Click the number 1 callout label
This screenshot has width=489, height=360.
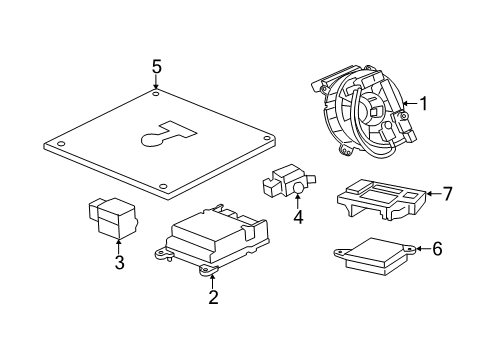(x=423, y=102)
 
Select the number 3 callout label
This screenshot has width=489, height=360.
(x=118, y=263)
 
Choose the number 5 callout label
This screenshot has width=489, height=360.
(x=156, y=66)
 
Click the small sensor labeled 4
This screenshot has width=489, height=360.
(x=286, y=181)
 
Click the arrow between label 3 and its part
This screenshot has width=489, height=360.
(x=118, y=245)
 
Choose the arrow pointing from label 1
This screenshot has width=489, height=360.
(x=409, y=102)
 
